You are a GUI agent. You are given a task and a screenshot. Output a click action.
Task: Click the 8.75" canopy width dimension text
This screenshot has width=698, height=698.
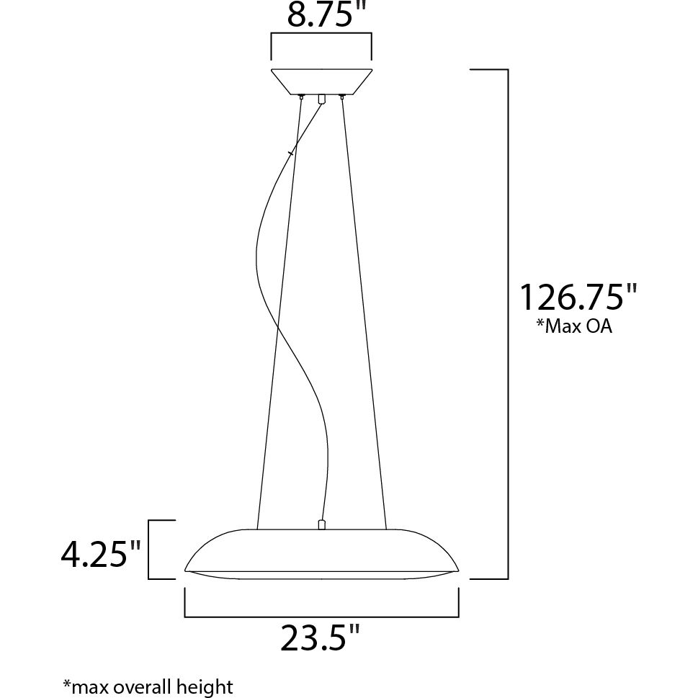[x=321, y=14]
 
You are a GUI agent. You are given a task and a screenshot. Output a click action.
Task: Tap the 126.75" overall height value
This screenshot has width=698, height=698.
[x=578, y=297]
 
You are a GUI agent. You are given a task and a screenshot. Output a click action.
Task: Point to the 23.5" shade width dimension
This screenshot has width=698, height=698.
[x=320, y=637]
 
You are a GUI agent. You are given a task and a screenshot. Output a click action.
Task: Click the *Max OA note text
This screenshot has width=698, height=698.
[x=574, y=326]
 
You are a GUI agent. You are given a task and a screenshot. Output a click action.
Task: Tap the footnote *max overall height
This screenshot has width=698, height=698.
[x=148, y=686]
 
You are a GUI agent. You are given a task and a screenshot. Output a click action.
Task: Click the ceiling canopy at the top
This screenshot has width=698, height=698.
[x=321, y=81]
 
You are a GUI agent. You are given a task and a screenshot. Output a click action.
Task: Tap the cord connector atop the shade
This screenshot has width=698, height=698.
[x=321, y=524]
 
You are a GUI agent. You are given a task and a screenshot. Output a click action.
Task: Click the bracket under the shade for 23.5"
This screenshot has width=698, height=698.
[x=321, y=617]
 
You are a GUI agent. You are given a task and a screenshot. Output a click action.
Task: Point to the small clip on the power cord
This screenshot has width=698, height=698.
[x=290, y=153]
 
